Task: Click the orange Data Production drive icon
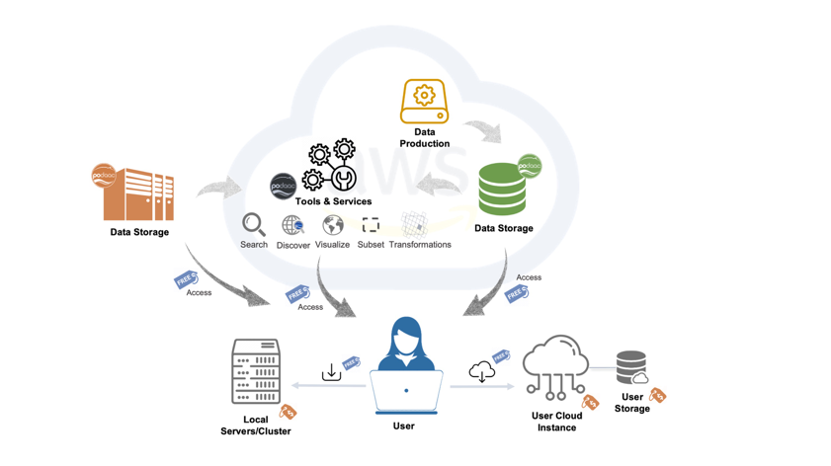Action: (424, 102)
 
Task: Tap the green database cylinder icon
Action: (503, 190)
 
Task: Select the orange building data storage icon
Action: (139, 195)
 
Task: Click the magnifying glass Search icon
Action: (254, 225)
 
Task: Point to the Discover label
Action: (293, 245)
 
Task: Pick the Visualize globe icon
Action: (333, 226)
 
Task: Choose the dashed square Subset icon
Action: (371, 226)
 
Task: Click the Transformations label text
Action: (420, 245)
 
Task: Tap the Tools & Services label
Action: (333, 201)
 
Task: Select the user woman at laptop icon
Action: (406, 366)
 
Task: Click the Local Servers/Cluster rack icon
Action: (256, 372)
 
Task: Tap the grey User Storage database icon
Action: (631, 367)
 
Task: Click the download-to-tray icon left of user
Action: (331, 372)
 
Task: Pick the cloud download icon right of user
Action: (481, 371)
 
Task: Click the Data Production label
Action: (425, 137)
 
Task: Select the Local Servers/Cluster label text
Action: (256, 426)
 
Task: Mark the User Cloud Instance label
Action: (556, 422)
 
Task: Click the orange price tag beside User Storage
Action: (657, 396)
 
